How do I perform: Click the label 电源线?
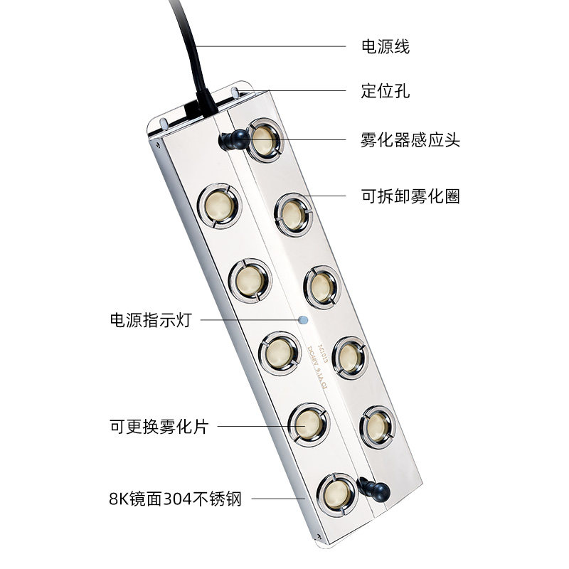[x=385, y=48]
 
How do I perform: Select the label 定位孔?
[x=385, y=92]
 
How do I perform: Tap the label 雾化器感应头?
[x=410, y=140]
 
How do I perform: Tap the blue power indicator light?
[x=304, y=320]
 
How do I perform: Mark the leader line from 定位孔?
[x=306, y=90]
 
